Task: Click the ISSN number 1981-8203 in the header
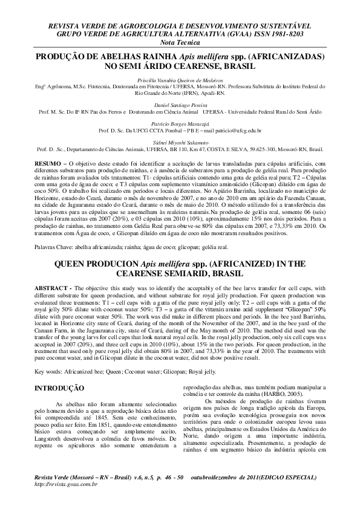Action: click(288, 34)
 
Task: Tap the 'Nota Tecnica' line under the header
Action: click(180, 43)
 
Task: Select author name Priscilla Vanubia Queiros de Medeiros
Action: click(180, 80)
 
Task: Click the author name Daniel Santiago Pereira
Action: click(180, 105)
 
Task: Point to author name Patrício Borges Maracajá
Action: click(180, 124)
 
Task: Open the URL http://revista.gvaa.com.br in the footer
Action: click(67, 484)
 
